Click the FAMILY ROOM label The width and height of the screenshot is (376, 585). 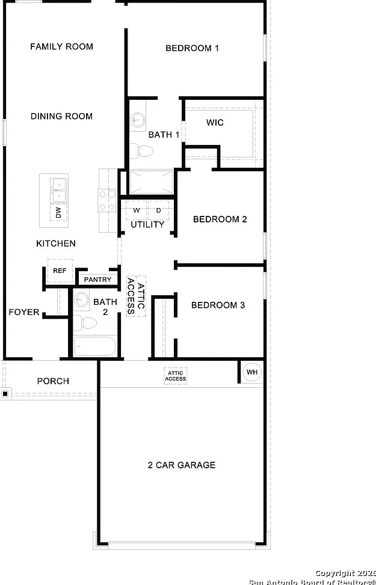[61, 47]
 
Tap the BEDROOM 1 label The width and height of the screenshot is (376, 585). [192, 48]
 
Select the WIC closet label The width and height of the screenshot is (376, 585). [215, 123]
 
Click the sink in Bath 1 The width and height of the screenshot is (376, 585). [137, 120]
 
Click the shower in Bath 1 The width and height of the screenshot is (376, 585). [151, 182]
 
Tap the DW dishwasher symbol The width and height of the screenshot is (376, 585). [58, 213]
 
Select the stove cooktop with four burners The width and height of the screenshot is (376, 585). [107, 201]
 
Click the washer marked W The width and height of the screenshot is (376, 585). [137, 210]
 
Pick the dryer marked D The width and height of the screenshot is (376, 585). [158, 210]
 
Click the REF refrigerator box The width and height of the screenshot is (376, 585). [60, 271]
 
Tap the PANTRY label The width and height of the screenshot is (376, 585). [97, 280]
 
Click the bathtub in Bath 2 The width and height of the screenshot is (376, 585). [95, 346]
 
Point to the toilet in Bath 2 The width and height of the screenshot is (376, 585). [85, 323]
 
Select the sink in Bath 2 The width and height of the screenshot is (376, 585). [81, 299]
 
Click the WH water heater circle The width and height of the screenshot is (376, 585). [252, 372]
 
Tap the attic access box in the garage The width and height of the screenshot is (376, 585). [176, 376]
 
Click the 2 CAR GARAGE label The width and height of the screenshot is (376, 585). [182, 465]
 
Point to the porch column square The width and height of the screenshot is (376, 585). [5, 394]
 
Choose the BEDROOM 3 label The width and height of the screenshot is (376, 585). [218, 305]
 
